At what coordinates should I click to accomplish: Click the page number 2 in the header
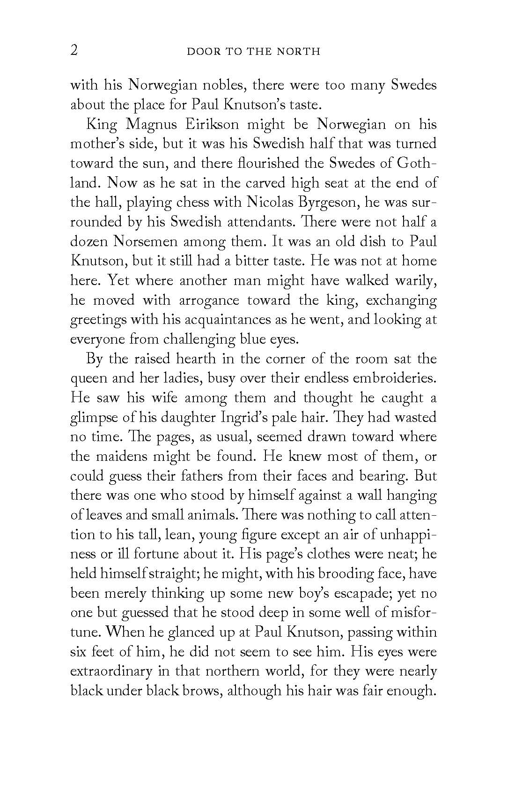tap(74, 50)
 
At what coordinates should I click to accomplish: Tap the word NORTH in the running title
tap(298, 52)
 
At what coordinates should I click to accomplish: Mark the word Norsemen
tap(146, 241)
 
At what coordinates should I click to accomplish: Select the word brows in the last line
tap(199, 691)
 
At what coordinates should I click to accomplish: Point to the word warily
tap(415, 281)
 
